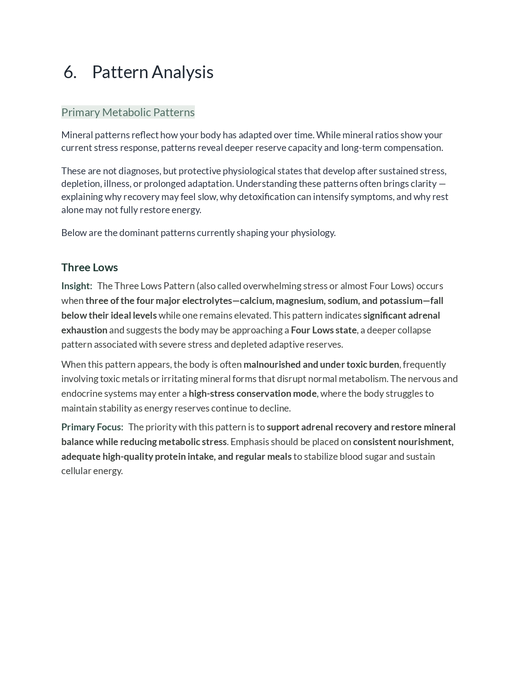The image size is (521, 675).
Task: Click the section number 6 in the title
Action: click(70, 72)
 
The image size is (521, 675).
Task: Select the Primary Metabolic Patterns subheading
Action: click(128, 112)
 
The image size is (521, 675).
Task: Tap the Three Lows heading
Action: click(89, 268)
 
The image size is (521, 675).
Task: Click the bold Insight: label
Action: click(77, 286)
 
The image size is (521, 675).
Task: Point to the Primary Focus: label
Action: click(92, 427)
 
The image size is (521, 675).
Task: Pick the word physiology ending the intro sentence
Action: click(313, 233)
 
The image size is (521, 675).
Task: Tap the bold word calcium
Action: click(257, 301)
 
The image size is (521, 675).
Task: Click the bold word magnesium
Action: click(300, 301)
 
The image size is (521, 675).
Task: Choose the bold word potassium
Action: click(401, 301)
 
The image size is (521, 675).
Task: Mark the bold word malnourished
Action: click(272, 364)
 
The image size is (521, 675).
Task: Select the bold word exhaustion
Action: click(84, 330)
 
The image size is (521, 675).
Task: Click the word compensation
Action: click(413, 148)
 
